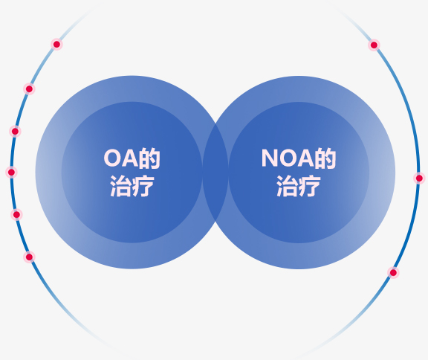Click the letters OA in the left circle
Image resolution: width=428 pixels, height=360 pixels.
coord(121,158)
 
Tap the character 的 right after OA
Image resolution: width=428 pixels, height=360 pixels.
coord(149,158)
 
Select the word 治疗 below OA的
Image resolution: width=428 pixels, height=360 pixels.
coord(132,186)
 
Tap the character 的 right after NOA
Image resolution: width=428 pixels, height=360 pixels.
coord(325,158)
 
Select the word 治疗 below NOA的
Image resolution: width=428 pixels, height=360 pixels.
coord(299,186)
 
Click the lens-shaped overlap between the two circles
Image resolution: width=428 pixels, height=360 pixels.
coord(215,172)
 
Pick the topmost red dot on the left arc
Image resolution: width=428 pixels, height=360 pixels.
coord(56,44)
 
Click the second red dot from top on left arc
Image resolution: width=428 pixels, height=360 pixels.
coord(29,89)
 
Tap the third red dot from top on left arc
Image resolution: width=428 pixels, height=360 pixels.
coord(15,132)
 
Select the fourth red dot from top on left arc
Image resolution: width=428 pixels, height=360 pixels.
coord(11,173)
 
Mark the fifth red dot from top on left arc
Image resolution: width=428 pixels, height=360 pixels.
coord(16,215)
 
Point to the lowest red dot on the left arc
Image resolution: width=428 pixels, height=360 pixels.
coord(29,257)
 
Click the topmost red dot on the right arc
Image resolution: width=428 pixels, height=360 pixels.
coord(374,45)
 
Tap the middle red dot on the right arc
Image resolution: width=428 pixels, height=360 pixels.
coord(419,179)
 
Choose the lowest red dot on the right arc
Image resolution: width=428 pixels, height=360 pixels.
coord(393,272)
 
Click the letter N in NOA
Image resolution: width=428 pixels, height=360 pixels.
coord(270,158)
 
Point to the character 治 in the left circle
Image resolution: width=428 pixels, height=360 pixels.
coord(120,186)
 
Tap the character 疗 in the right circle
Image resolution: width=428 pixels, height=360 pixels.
coord(310,186)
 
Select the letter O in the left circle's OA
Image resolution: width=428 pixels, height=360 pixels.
coord(112,158)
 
